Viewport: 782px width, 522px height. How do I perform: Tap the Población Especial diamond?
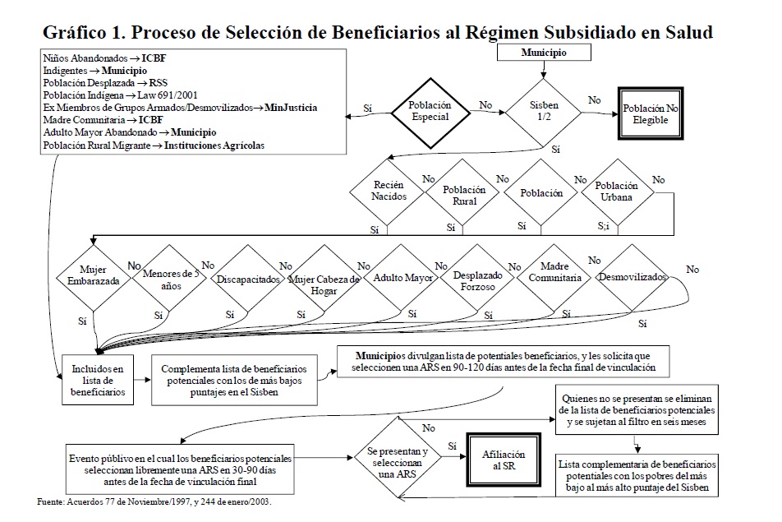[x=430, y=113]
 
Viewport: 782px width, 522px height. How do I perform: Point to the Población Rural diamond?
[x=464, y=195]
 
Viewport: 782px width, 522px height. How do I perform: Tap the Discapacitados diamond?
[x=247, y=279]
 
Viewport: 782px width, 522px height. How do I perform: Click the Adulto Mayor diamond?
[x=403, y=278]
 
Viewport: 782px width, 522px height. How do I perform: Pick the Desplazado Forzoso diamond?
[x=478, y=281]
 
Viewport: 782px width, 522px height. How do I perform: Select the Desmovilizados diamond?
[x=632, y=277]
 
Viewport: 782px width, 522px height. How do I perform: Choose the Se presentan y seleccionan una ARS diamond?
[x=398, y=462]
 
